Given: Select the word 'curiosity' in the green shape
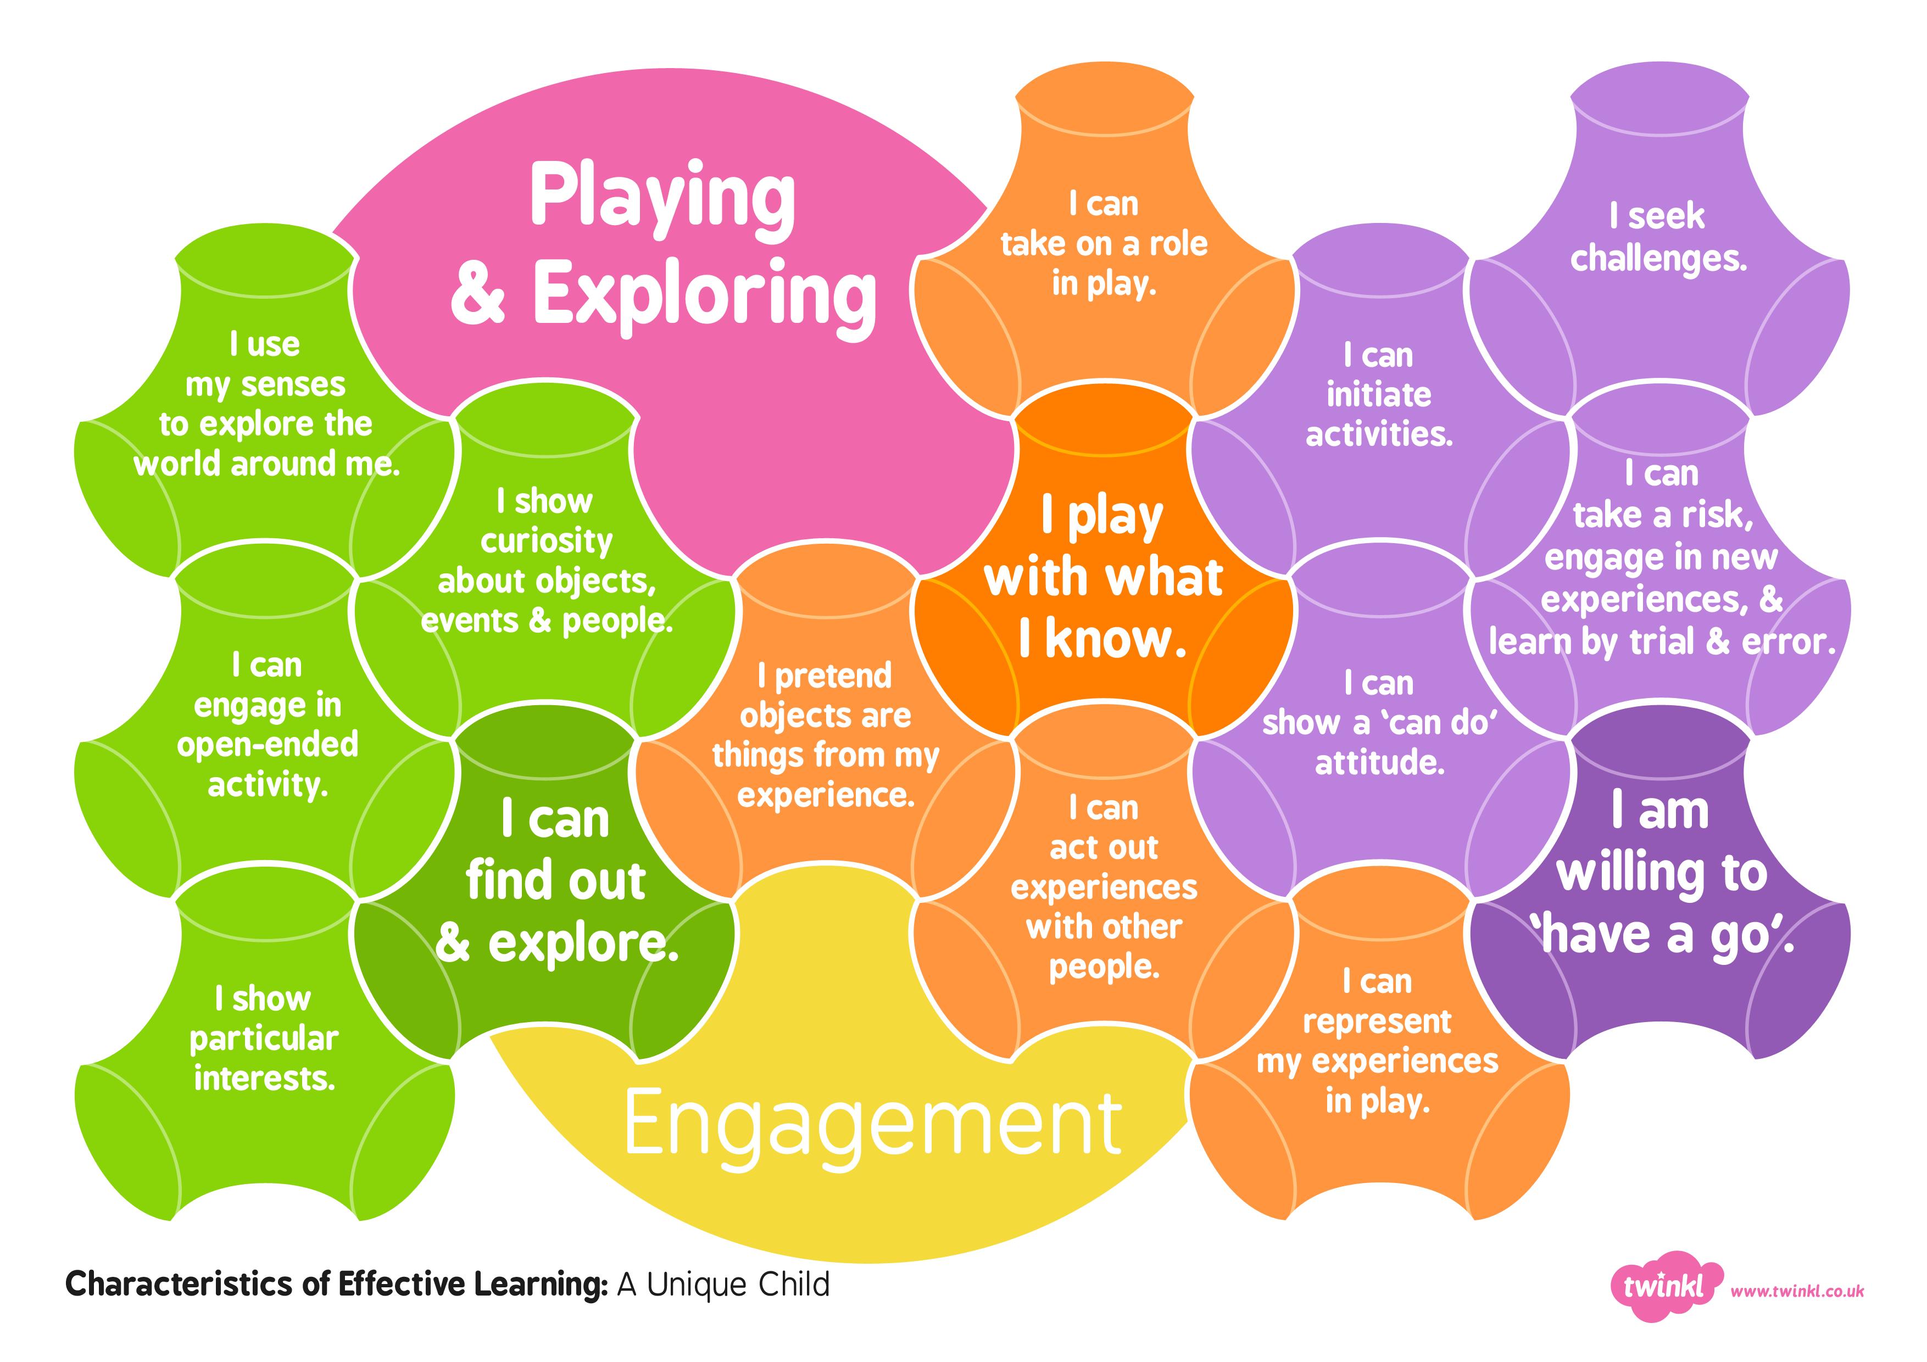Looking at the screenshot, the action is pyautogui.click(x=547, y=542).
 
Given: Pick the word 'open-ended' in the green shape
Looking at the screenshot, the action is pyautogui.click(x=268, y=744).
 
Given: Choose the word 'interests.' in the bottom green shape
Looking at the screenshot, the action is pyautogui.click(x=264, y=1078).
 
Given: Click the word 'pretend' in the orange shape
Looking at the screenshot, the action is pyautogui.click(x=833, y=676).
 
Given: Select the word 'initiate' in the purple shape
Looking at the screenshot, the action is pyautogui.click(x=1379, y=394).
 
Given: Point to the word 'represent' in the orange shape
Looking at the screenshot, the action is pyautogui.click(x=1377, y=1021).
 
